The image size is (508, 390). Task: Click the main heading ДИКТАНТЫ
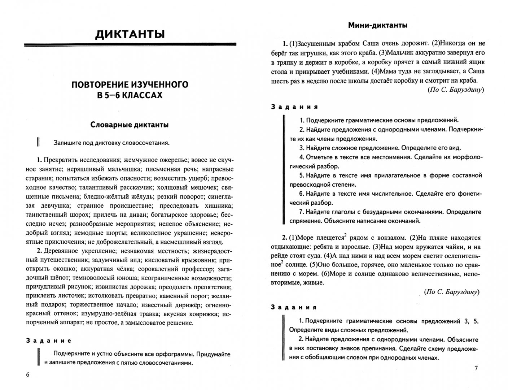click(130, 34)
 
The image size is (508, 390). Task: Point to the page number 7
click(476, 368)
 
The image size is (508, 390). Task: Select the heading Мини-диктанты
click(378, 25)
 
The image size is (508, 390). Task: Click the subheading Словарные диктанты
click(130, 125)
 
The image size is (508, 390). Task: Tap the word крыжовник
click(202, 260)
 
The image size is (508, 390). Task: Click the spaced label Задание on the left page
click(49, 341)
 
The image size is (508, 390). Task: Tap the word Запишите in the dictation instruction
click(65, 143)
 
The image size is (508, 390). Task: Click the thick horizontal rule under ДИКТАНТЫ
click(130, 45)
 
